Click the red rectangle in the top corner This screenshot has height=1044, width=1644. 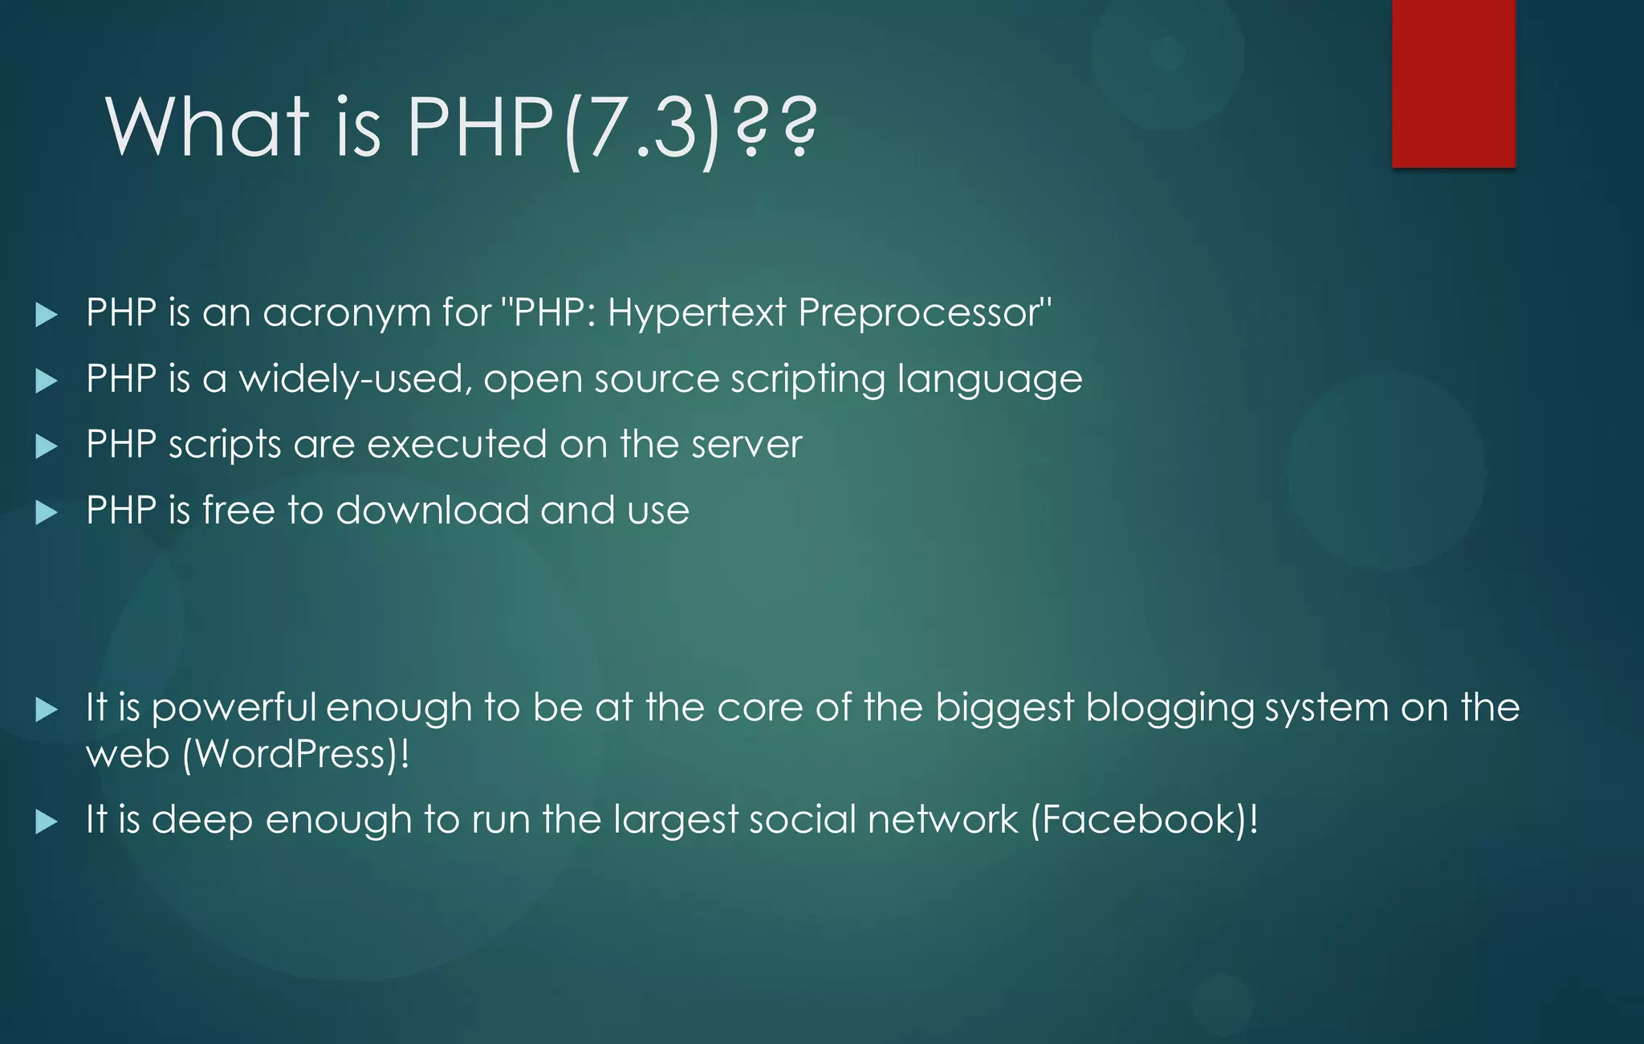[x=1454, y=83]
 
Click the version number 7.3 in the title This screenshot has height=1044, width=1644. [x=641, y=127]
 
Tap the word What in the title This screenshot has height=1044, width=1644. [x=207, y=127]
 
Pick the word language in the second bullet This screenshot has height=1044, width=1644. [x=989, y=379]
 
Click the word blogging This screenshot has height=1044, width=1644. [x=1170, y=709]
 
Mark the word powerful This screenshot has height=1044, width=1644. [x=233, y=709]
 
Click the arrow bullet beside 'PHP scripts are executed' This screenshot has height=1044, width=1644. [x=47, y=447]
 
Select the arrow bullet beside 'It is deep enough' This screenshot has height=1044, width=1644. [x=47, y=822]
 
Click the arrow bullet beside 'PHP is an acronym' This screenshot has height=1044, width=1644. [x=47, y=315]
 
